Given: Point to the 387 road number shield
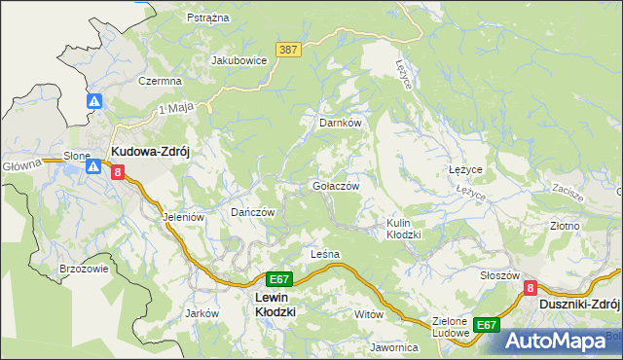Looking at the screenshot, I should coord(286,50).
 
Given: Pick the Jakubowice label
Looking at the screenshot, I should coord(239,59).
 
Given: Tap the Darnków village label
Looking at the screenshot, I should coord(341,124).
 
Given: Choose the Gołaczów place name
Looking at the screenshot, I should coord(336,185).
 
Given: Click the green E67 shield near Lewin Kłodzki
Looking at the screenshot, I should coord(277,278).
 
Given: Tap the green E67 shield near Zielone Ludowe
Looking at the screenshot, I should coord(487,324).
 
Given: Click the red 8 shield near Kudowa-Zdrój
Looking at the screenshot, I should coord(117,172).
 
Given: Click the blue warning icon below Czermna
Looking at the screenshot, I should coord(94,101).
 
